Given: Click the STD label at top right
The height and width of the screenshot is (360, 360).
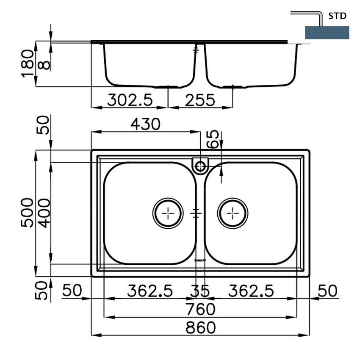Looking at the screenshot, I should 338,17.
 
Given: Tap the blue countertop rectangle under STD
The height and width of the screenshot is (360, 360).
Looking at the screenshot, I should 327,33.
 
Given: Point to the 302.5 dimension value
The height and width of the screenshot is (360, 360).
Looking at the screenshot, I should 129,100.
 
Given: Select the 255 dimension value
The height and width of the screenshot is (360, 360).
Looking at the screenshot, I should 200,100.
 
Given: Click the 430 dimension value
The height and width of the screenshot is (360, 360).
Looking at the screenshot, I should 145,124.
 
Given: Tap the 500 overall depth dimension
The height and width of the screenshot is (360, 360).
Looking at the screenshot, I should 28,213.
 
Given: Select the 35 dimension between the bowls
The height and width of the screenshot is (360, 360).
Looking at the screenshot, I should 200,291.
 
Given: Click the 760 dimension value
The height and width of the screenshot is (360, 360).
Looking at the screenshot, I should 200,310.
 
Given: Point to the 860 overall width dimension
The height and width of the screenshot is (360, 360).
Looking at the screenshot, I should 200,327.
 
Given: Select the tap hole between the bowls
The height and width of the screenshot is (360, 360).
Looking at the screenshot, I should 200,165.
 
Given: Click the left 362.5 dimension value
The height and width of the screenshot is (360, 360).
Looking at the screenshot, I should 150,291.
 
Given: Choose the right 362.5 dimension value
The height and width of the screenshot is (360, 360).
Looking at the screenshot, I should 251,291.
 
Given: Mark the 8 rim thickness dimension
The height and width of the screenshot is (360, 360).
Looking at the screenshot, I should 45,64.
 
